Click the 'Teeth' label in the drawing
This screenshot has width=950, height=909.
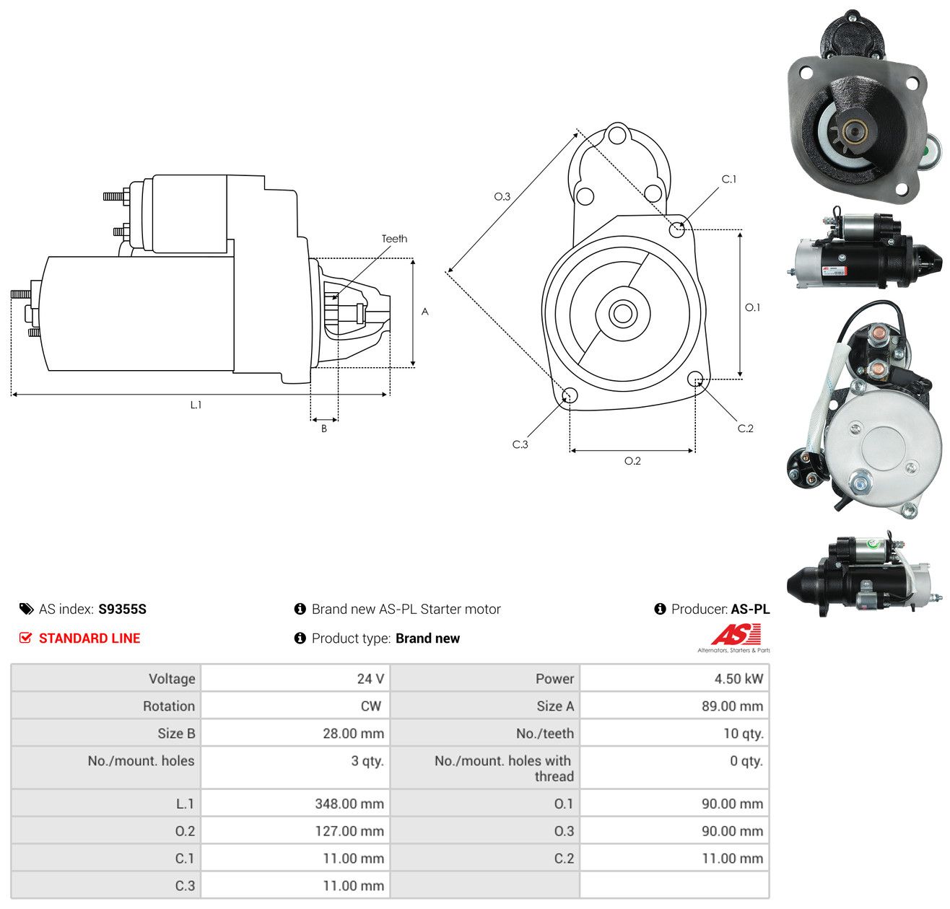point(394,239)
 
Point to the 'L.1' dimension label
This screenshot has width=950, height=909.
point(196,405)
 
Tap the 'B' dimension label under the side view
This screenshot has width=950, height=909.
point(323,429)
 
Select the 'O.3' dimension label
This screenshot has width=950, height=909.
point(502,196)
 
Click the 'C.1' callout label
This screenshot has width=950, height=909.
point(728,179)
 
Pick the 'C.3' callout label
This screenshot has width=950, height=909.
point(520,444)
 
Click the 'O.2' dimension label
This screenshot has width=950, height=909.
point(632,460)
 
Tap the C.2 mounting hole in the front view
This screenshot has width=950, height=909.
point(694,379)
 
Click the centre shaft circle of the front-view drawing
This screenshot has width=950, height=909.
point(622,314)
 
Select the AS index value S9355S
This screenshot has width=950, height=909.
point(122,609)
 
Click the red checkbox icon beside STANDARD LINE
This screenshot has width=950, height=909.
point(25,638)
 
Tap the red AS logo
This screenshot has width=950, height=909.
point(735,634)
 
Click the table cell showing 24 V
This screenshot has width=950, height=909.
point(295,677)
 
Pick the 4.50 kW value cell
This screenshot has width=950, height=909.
point(674,677)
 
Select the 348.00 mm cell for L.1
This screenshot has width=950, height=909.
point(295,803)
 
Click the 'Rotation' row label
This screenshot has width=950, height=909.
point(169,706)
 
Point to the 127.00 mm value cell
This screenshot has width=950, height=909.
point(295,830)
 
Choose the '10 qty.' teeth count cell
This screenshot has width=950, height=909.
point(674,733)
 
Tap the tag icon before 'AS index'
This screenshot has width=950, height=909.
point(26,609)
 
